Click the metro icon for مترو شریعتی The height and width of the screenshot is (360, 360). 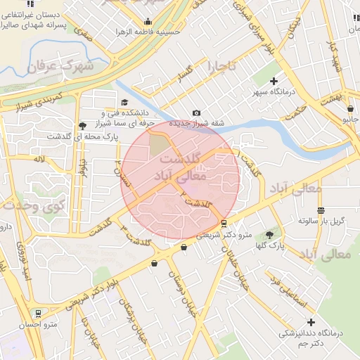224,224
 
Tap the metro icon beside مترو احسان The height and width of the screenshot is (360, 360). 37,313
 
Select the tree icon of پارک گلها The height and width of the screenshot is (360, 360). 271,234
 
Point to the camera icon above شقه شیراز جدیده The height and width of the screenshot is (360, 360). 196,113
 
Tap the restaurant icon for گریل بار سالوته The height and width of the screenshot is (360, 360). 321,210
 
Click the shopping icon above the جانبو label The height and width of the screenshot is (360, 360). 350,108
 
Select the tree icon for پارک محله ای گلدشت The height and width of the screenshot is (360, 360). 84,124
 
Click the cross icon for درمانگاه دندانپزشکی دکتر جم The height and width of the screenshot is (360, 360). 311,322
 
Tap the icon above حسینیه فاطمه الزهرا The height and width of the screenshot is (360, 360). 148,21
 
